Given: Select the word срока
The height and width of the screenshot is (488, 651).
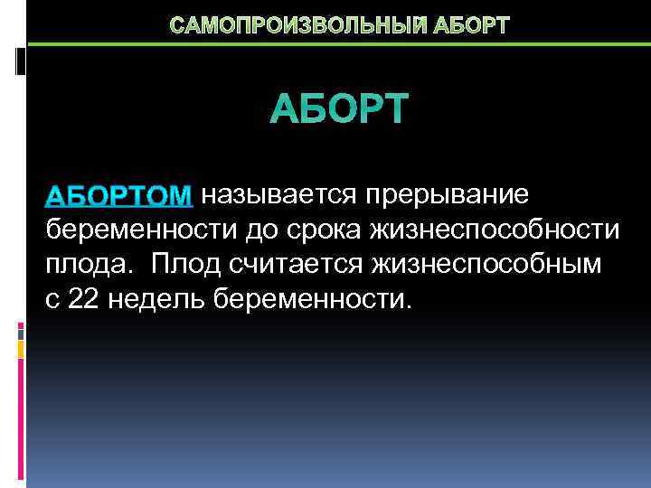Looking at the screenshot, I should coord(328,231).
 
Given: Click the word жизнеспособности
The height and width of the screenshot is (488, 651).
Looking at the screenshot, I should coord(495,230).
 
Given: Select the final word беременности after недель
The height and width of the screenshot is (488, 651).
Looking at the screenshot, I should coord(313,299).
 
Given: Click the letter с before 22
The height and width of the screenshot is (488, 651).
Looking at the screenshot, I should coord(52,300).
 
